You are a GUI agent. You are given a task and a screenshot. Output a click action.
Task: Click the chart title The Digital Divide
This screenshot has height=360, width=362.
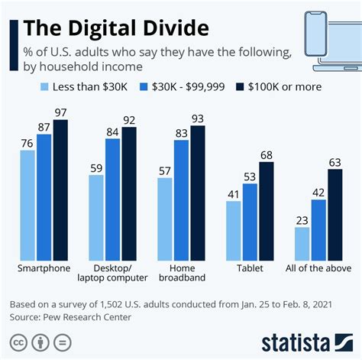(x=115, y=29)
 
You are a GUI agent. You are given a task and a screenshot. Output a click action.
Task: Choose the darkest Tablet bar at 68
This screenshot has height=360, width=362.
(x=267, y=211)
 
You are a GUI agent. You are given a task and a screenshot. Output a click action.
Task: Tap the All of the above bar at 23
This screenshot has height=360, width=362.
(x=302, y=244)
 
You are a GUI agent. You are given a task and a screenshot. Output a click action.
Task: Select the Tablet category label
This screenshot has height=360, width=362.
(x=250, y=268)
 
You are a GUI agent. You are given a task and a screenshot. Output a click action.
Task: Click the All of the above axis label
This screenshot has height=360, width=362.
(x=319, y=268)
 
